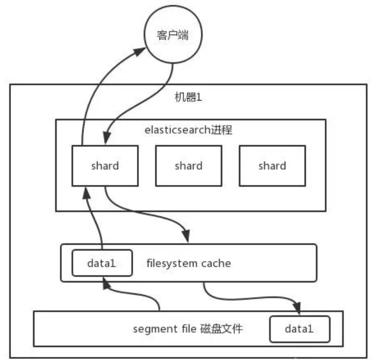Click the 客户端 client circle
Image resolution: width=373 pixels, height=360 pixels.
click(x=173, y=36)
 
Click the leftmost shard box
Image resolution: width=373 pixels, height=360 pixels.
click(x=105, y=166)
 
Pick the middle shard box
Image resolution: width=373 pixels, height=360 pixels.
click(x=188, y=166)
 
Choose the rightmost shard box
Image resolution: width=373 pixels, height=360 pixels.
click(x=272, y=166)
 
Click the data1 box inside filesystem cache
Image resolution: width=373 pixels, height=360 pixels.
click(x=101, y=263)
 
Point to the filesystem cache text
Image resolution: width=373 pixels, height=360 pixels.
click(x=188, y=263)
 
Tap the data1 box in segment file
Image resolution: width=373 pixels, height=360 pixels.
click(x=299, y=329)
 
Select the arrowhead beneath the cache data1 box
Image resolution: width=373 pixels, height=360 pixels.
click(x=105, y=283)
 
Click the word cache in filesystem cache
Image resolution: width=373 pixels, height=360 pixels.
click(x=215, y=263)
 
